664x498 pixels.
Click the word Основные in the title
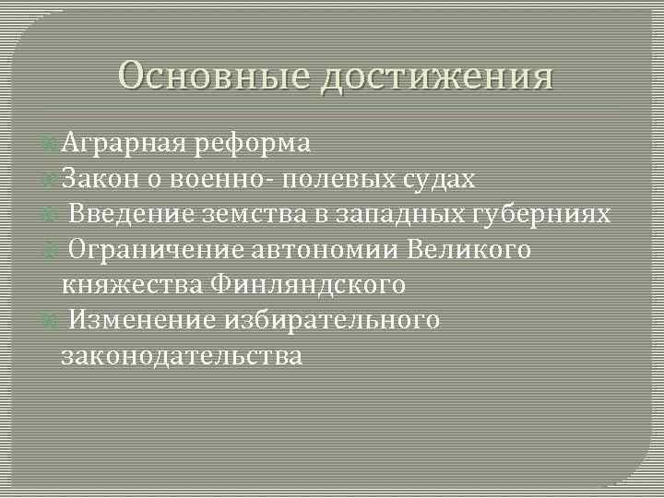pyautogui.click(x=214, y=77)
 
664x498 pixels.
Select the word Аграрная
pyautogui.click(x=119, y=144)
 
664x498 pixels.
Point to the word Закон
pyautogui.click(x=95, y=179)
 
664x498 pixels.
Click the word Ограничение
pyautogui.click(x=148, y=249)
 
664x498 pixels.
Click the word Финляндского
pyautogui.click(x=308, y=284)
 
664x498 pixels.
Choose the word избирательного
pyautogui.click(x=331, y=319)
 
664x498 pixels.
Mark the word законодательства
pyautogui.click(x=181, y=354)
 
